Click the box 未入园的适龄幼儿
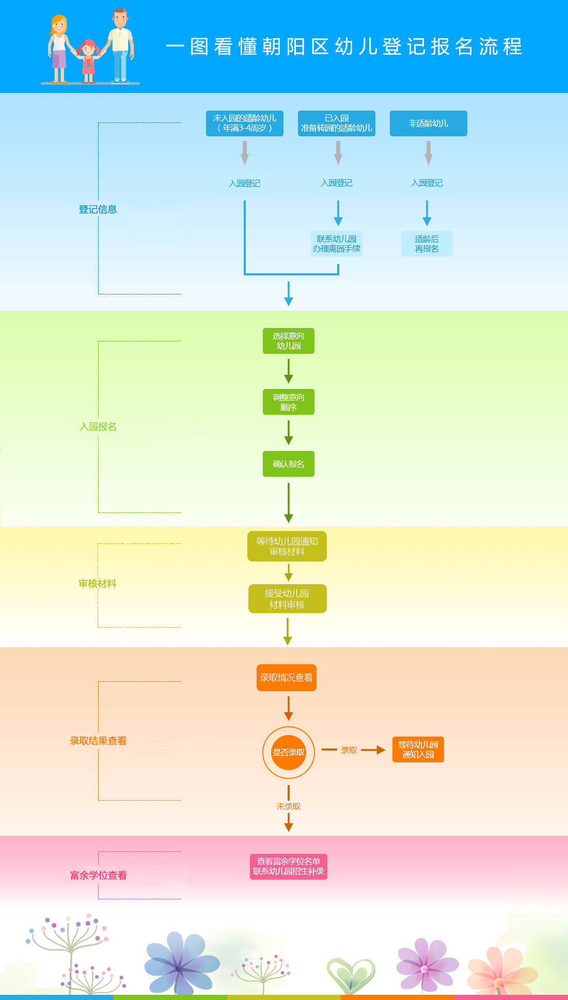245,123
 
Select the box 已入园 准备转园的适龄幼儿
337,123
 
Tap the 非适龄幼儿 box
428,123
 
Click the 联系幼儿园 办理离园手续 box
337,244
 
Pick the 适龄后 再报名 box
427,244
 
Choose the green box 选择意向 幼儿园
289,341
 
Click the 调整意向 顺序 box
289,402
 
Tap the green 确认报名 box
289,464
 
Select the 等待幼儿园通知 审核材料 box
287,546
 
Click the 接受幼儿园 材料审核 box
287,599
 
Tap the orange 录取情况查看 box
287,678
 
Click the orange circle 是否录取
289,752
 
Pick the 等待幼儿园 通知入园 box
418,749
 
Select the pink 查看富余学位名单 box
289,866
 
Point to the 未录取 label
289,806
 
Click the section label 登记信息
98,209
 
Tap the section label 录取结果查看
98,741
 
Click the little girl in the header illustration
89,61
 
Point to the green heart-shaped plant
351,974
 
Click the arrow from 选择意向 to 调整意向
289,371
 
